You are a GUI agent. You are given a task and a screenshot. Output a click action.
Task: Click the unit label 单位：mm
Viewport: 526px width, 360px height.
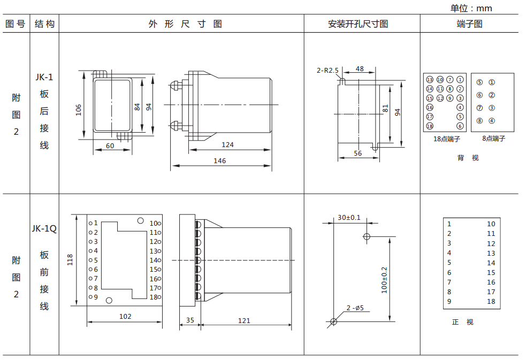[471, 8]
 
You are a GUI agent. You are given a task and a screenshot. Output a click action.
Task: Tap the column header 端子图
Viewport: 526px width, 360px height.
[469, 24]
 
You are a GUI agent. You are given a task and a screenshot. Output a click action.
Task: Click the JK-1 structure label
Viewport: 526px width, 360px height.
[44, 76]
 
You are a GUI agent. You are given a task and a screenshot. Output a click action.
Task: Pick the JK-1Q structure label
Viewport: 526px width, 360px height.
[44, 228]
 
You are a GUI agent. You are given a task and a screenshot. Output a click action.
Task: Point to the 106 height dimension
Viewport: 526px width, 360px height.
[79, 110]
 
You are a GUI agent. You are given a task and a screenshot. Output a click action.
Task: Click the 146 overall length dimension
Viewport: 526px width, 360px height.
[219, 160]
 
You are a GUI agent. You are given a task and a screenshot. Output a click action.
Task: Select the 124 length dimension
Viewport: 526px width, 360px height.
[227, 145]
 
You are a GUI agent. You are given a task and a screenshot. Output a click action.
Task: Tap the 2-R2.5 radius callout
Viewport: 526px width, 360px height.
[327, 70]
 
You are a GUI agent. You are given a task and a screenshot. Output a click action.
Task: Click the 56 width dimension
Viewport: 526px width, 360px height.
[357, 153]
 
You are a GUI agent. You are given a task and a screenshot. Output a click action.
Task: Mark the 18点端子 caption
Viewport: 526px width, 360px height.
[447, 139]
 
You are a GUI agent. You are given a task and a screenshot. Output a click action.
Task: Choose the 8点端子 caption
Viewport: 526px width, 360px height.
[493, 139]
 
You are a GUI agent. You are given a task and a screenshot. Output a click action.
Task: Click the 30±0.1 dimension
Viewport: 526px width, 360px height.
[349, 218]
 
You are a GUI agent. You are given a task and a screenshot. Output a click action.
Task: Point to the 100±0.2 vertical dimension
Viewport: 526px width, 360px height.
[384, 279]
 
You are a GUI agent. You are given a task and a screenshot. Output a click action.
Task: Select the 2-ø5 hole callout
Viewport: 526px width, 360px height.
[355, 308]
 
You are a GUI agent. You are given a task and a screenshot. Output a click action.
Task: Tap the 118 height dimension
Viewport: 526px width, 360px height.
[70, 260]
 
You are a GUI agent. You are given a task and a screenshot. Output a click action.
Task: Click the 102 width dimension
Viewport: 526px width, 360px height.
[125, 316]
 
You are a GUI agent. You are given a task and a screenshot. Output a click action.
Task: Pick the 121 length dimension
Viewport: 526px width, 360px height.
[244, 320]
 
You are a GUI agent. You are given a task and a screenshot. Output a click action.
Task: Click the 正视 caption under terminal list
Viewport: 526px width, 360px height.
[462, 322]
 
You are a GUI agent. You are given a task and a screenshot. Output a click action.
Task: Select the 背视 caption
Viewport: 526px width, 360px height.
[468, 158]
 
